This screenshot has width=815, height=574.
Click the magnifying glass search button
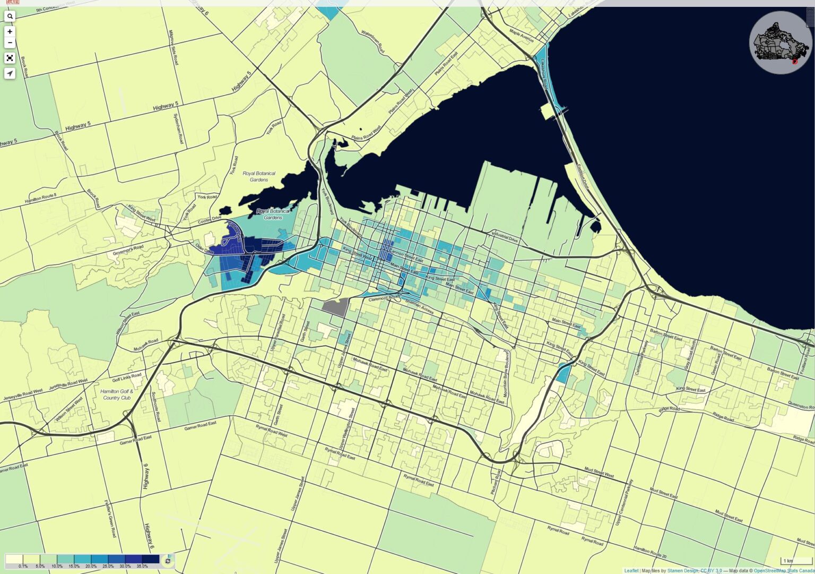10,16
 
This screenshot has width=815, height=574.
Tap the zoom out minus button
10,42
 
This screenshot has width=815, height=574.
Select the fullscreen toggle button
10,58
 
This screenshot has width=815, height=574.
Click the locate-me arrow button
10,73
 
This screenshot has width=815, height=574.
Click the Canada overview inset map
780,42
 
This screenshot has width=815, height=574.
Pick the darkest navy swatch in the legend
150,559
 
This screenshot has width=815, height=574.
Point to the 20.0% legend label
91,567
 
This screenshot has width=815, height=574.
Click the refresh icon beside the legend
168,561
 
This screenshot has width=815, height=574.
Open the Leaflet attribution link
631,571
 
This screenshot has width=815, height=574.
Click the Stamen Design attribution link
683,571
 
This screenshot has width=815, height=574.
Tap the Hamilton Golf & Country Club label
117,395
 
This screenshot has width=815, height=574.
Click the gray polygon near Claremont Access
335,307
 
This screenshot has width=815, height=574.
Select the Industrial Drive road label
505,236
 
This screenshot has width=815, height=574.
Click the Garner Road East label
200,426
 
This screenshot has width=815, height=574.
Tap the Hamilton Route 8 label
40,199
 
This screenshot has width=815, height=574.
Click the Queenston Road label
801,406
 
